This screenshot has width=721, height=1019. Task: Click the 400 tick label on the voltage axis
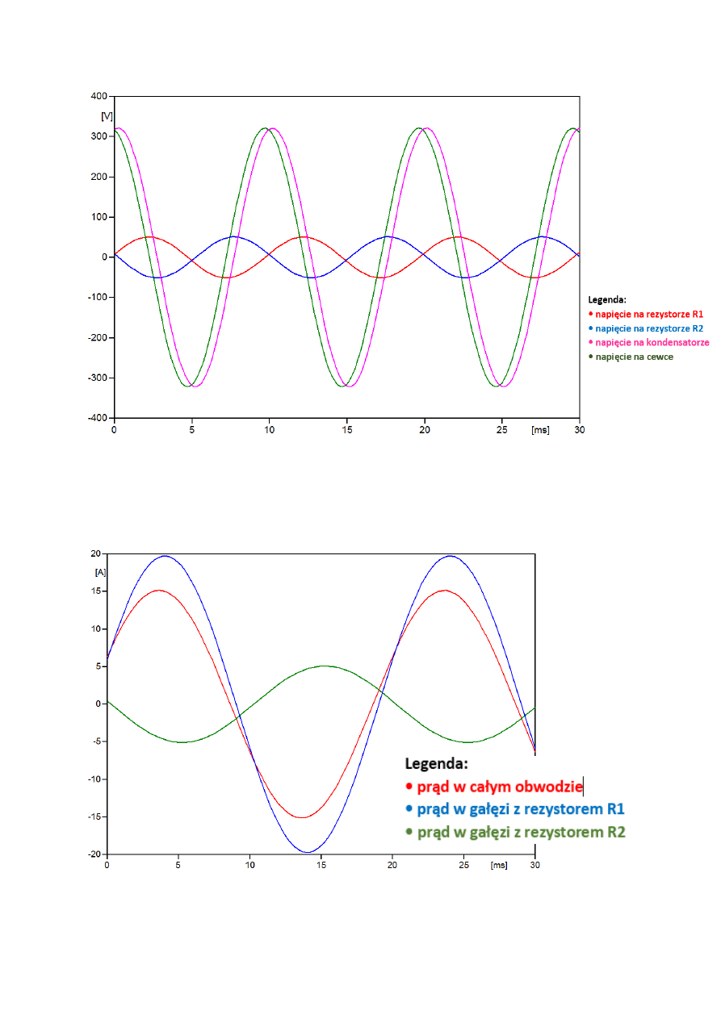click(99, 96)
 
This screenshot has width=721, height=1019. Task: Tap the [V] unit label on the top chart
click(106, 116)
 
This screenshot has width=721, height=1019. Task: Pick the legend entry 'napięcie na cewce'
click(638, 357)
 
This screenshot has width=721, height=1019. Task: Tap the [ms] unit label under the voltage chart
click(540, 430)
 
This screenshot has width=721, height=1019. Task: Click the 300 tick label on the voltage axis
click(99, 136)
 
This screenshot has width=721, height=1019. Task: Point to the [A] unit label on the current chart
click(101, 571)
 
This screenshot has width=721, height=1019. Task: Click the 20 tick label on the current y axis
click(94, 554)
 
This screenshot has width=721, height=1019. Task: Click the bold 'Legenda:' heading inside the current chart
click(436, 763)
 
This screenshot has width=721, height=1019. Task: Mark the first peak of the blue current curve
click(165, 556)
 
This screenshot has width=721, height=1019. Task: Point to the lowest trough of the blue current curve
click(308, 852)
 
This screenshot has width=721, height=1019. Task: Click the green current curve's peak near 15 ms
click(324, 666)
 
